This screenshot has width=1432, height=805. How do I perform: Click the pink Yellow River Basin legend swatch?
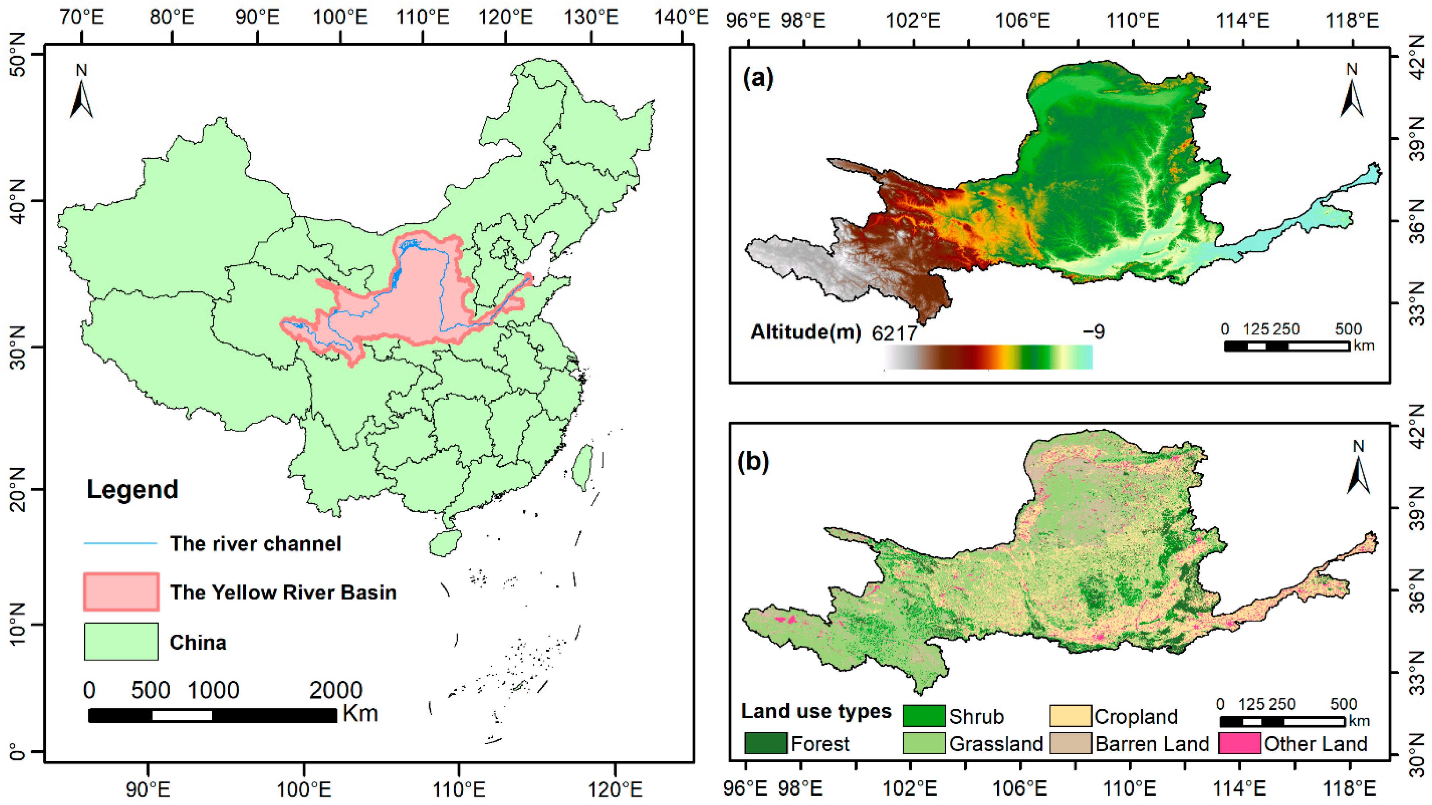coord(121,592)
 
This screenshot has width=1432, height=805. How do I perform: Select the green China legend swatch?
coord(121,642)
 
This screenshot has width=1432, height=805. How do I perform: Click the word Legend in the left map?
coord(132,489)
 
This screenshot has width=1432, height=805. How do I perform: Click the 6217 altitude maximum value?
coord(894,333)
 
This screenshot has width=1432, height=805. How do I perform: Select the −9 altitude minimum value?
coord(1093,331)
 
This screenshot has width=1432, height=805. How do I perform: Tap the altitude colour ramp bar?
coord(988,357)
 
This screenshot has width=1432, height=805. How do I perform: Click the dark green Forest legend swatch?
coord(765,743)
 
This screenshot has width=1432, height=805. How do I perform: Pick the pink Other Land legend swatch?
coord(1239,743)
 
